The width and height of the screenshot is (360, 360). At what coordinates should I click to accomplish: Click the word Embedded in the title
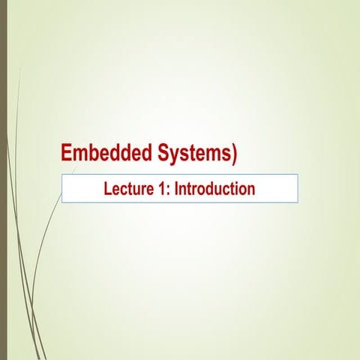(x=106, y=153)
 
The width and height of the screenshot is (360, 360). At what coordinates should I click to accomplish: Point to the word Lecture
(x=129, y=188)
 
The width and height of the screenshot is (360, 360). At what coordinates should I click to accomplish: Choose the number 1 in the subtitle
(x=163, y=188)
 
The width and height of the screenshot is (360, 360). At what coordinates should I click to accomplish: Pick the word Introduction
(x=215, y=188)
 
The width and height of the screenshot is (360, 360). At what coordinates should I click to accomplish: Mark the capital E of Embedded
(x=67, y=153)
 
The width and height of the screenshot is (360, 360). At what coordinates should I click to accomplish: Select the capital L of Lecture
(x=107, y=188)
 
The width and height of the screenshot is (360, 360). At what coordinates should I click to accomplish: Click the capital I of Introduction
(x=177, y=188)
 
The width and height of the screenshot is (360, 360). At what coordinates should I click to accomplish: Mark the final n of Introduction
(x=251, y=190)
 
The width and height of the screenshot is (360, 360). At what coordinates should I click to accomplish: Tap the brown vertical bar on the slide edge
(x=3, y=180)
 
